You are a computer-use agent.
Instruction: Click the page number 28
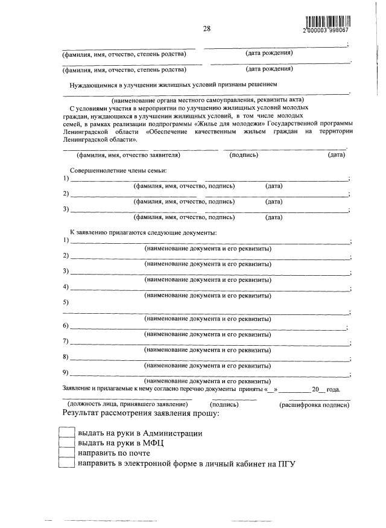click(x=206, y=28)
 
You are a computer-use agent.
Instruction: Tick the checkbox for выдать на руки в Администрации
click(x=66, y=433)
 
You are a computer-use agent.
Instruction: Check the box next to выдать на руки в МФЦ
click(x=66, y=442)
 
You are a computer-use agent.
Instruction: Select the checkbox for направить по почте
click(x=66, y=453)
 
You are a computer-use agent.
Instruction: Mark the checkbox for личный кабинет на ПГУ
click(x=66, y=463)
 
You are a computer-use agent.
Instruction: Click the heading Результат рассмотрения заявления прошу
click(x=141, y=414)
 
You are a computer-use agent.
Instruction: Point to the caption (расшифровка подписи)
click(x=314, y=404)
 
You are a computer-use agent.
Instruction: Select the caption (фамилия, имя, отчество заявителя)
click(x=125, y=155)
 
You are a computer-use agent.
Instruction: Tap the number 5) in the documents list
click(x=66, y=303)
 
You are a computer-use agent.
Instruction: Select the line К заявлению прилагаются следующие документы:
click(x=144, y=232)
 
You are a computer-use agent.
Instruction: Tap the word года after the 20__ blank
click(x=334, y=389)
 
